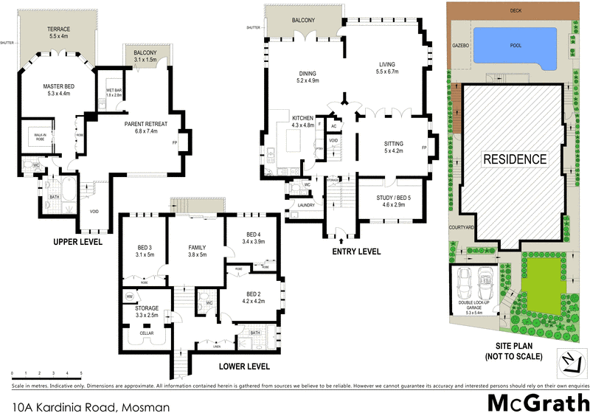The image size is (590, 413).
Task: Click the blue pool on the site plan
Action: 514,46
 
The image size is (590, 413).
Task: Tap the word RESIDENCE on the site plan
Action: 515,159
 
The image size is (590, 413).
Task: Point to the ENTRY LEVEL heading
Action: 357,251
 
